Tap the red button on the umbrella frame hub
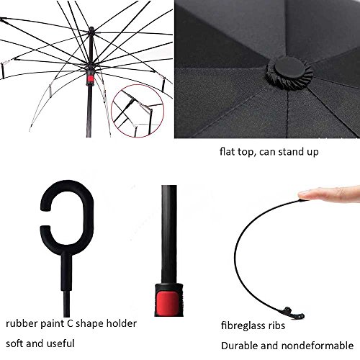coord(90,79)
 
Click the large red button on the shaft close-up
coord(168,304)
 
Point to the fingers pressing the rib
coord(329,194)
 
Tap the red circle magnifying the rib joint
coord(138,111)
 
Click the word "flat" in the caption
coord(227,152)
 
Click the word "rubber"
coord(22,323)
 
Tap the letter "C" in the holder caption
coord(70,323)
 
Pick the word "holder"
coord(122,323)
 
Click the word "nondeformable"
coord(318,346)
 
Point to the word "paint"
coord(52,324)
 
